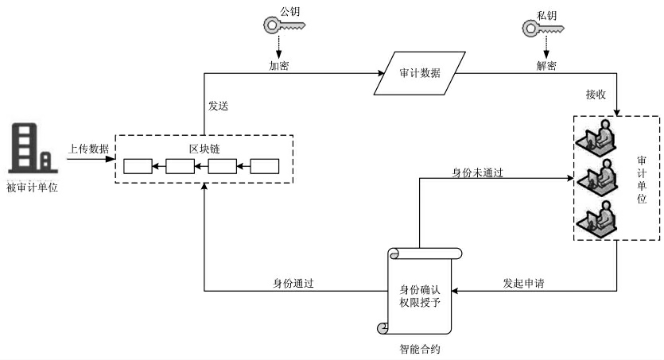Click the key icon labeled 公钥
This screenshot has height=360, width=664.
coord(281,25)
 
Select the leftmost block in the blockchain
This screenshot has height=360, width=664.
coord(137,166)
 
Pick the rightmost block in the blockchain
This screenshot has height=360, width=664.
coord(266,166)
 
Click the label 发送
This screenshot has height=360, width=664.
coord(219,104)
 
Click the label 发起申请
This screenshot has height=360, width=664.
coord(523,283)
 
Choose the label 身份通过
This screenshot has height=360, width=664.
coord(293,283)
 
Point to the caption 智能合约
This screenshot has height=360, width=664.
coord(418,348)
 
